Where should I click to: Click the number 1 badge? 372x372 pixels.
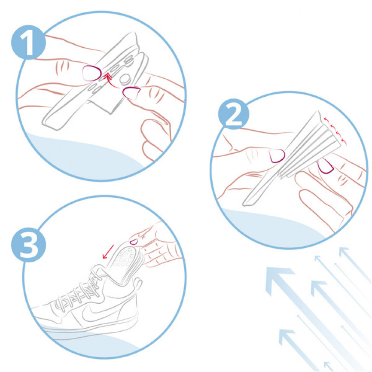28,42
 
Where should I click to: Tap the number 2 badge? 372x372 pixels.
234,114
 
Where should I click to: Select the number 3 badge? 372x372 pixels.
28,245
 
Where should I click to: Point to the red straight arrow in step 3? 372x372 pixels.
108,252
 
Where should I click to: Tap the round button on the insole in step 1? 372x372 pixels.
125,80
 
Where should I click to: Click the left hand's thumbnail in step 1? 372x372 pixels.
92,74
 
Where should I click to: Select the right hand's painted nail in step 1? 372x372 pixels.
131,93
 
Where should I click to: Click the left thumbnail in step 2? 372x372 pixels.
277,156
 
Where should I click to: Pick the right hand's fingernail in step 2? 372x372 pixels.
325,166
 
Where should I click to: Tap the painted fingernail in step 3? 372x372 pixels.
134,242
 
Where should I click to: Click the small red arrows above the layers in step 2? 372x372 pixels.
335,131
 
